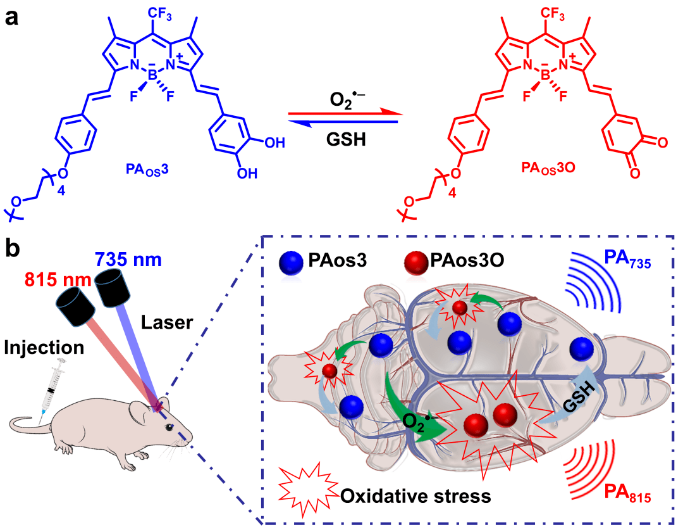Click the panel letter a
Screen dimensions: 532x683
(x=11, y=16)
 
